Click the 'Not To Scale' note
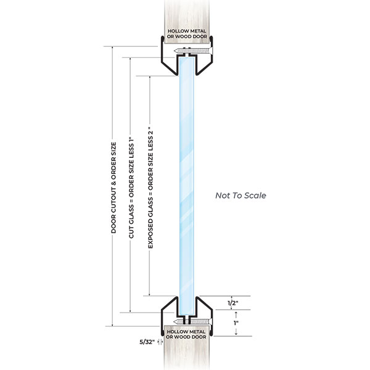pyautogui.click(x=240, y=195)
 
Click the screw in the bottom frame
pyautogui.click(x=195, y=321)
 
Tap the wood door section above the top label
pyautogui.click(x=186, y=12)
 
